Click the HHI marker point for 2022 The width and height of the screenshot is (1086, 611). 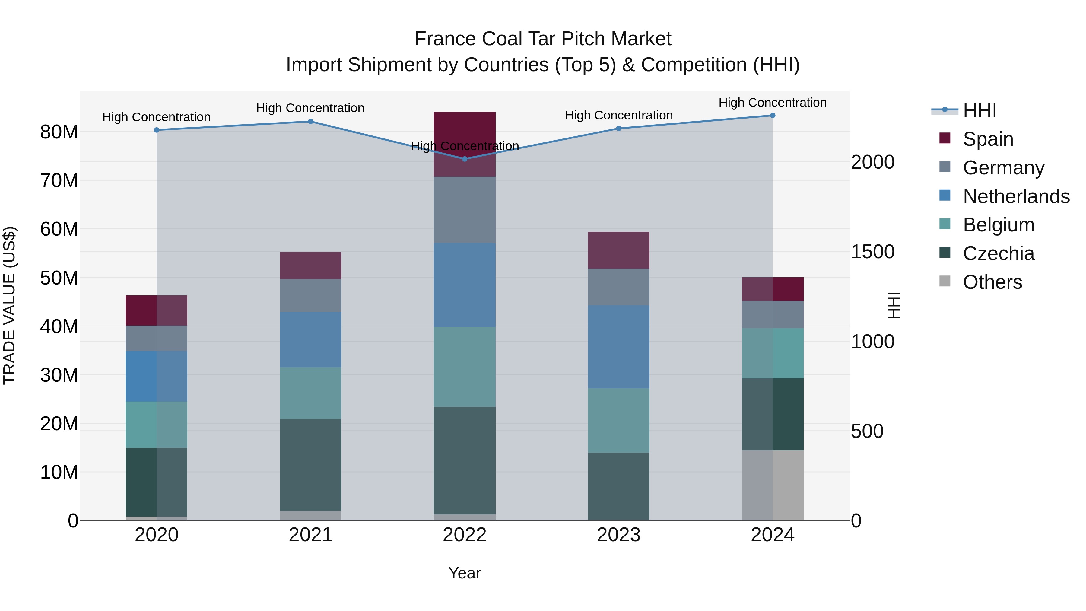pos(465,159)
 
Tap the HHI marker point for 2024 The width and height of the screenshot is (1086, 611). pos(772,116)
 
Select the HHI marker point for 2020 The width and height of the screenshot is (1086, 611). pos(156,130)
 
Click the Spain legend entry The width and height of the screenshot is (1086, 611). pos(988,139)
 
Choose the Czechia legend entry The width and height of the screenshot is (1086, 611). pos(998,253)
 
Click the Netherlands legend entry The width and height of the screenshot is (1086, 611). pos(1016,196)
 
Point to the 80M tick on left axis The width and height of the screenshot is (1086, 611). pos(59,132)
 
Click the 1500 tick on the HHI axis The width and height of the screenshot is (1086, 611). pos(872,252)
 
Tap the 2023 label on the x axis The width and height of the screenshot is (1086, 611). pos(618,535)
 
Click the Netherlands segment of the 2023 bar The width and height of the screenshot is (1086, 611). pos(618,347)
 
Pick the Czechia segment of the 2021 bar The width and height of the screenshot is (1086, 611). pos(311,465)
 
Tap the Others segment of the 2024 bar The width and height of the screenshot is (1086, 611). pos(772,485)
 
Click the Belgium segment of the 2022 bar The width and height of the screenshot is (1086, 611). pos(465,367)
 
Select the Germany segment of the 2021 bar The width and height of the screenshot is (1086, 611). pos(311,296)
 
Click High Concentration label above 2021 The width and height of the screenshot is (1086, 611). pos(310,108)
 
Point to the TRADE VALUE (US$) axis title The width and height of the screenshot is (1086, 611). pos(9,305)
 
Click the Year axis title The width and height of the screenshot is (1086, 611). pos(465,573)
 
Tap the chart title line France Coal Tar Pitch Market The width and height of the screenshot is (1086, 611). pos(543,39)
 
